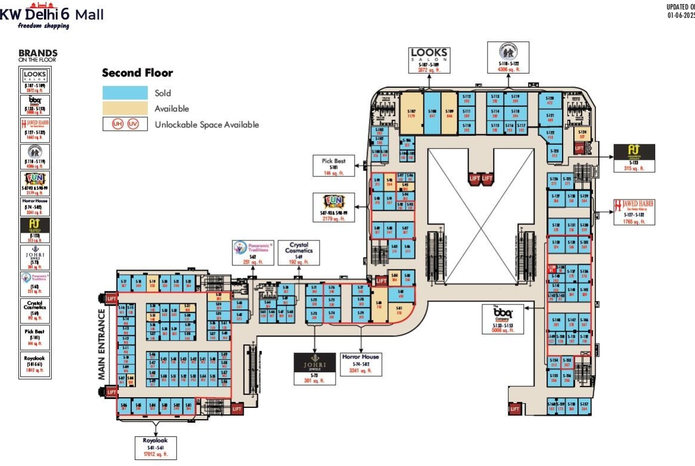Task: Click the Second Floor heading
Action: click(137, 73)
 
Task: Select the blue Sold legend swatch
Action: click(125, 93)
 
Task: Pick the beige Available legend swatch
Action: click(125, 108)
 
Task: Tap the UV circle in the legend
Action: click(132, 125)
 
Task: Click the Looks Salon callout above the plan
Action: click(429, 61)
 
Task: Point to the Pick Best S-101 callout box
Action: click(334, 166)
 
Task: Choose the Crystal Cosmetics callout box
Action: click(298, 252)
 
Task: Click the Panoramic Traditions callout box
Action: click(253, 252)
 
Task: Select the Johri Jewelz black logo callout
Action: click(315, 368)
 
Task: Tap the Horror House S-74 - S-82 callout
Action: click(360, 363)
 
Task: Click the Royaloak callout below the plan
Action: click(156, 447)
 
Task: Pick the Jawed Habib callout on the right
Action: click(634, 212)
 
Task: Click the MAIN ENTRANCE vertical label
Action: click(102, 344)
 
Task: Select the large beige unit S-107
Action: click(411, 113)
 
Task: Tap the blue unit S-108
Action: click(432, 113)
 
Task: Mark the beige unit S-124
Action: click(582, 134)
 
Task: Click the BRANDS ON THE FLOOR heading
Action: click(37, 55)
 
